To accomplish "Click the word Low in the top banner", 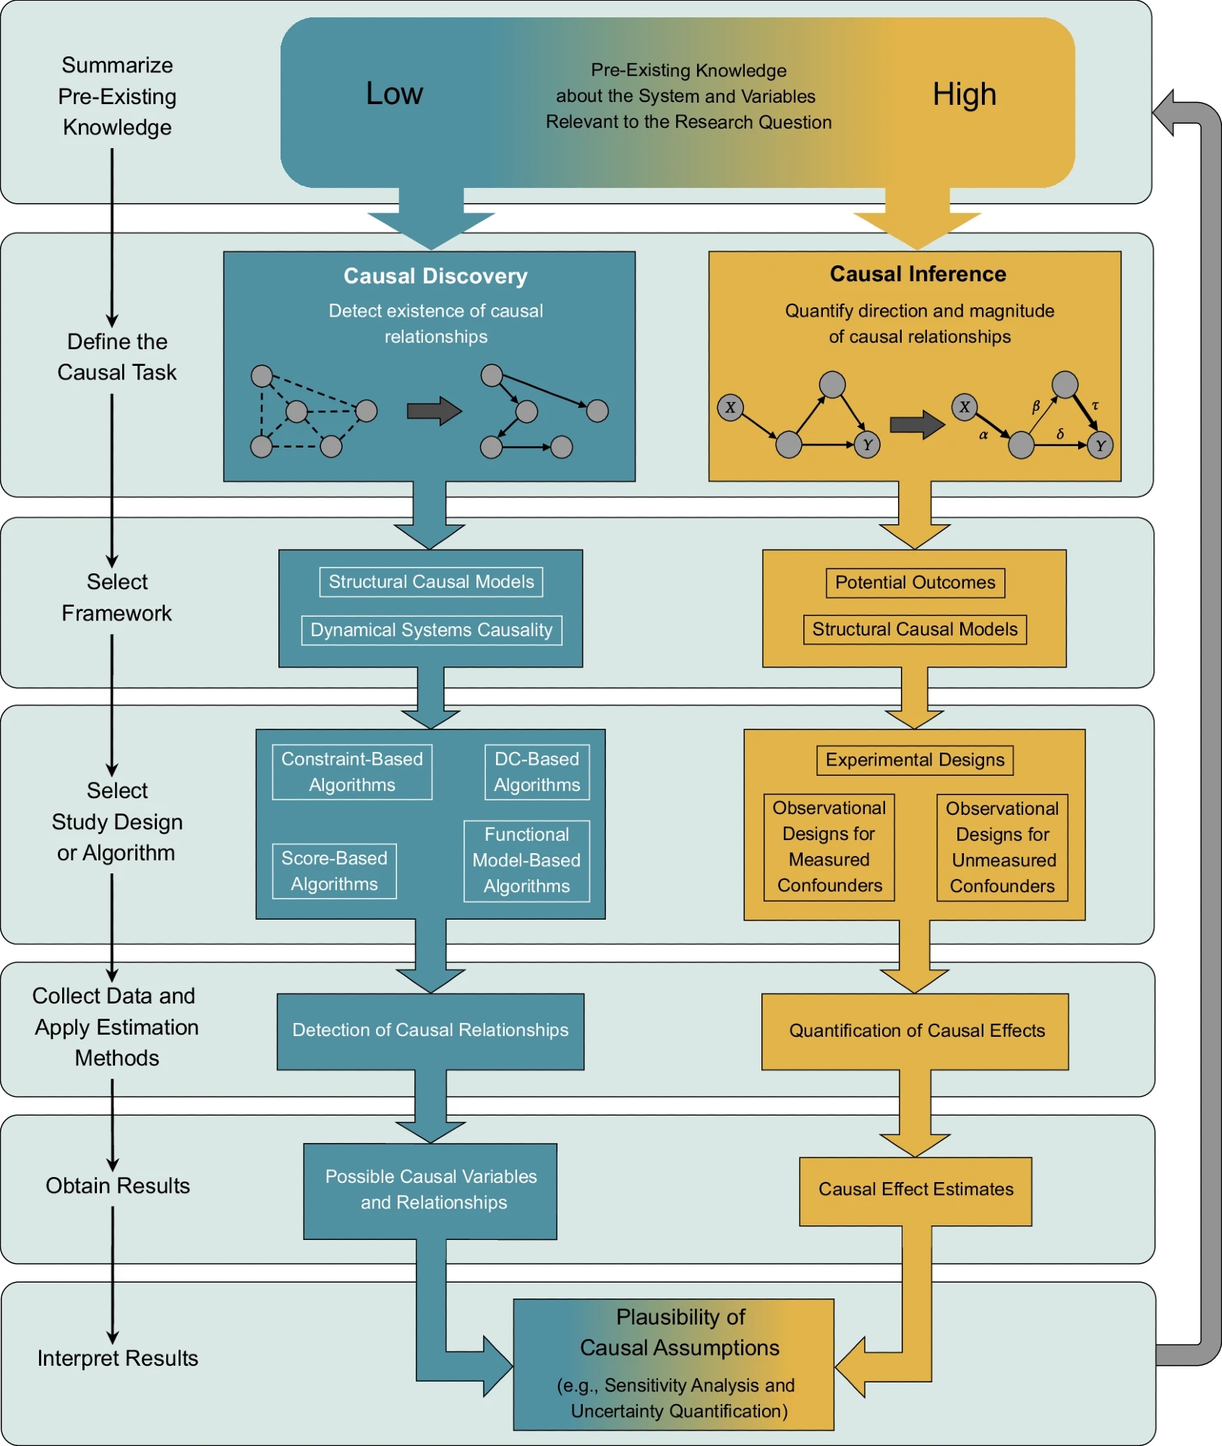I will point(394,93).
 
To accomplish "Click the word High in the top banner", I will point(964,94).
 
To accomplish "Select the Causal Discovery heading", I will point(435,276).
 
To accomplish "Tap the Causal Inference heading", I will point(918,274).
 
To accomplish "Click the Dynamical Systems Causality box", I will point(431,630).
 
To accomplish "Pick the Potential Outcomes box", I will point(915,583).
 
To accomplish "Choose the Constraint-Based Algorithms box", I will point(352,772).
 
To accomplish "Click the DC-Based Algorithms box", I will point(537,772).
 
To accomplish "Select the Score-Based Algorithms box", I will point(334,871).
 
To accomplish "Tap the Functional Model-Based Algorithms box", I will point(526,860).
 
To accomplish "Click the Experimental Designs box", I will point(915,760).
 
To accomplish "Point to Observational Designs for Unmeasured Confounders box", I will point(1002,847).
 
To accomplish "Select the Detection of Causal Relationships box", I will point(430,1030).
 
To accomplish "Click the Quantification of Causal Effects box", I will point(916,1031).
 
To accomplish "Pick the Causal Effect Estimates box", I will point(915,1190).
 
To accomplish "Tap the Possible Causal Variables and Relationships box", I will point(431,1190).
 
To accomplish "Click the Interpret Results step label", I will point(118,1359).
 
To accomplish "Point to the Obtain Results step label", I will point(118,1186).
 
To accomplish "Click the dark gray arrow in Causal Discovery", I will point(434,411).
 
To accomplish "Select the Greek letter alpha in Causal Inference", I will point(983,435).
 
